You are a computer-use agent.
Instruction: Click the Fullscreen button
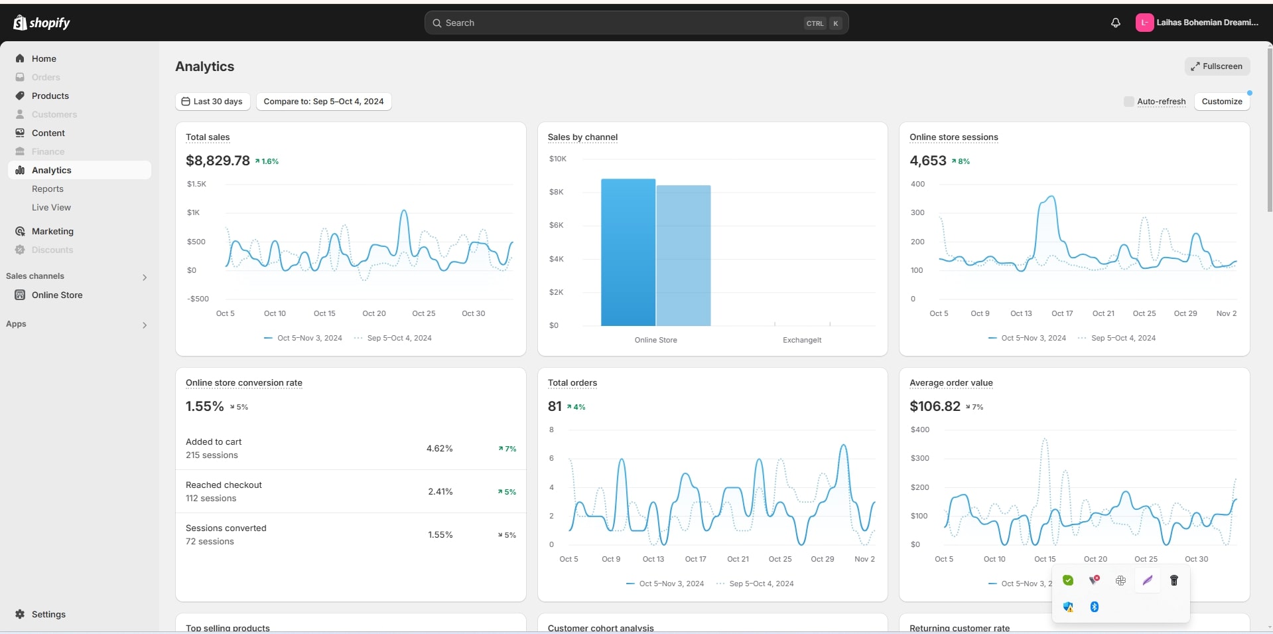1217,66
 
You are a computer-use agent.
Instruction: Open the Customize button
1221,102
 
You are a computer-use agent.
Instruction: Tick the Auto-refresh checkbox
1128,102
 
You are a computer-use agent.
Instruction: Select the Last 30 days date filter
212,102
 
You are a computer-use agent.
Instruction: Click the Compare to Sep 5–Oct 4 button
324,102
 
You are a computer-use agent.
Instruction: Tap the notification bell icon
1115,23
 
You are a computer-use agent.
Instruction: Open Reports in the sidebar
48,189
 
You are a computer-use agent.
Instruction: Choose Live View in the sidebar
51,208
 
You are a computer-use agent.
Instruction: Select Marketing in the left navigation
52,232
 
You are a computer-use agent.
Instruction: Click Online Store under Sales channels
57,295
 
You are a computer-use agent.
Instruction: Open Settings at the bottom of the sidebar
48,615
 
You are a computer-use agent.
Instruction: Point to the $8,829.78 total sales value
218,161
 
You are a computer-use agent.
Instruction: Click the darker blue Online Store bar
628,252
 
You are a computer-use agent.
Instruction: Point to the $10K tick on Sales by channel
557,159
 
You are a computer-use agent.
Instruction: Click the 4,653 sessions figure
927,161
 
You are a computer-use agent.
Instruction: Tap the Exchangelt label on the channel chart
801,341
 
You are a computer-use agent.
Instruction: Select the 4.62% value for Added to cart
439,449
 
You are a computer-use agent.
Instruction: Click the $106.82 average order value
935,406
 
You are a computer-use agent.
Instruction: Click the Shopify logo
42,23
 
